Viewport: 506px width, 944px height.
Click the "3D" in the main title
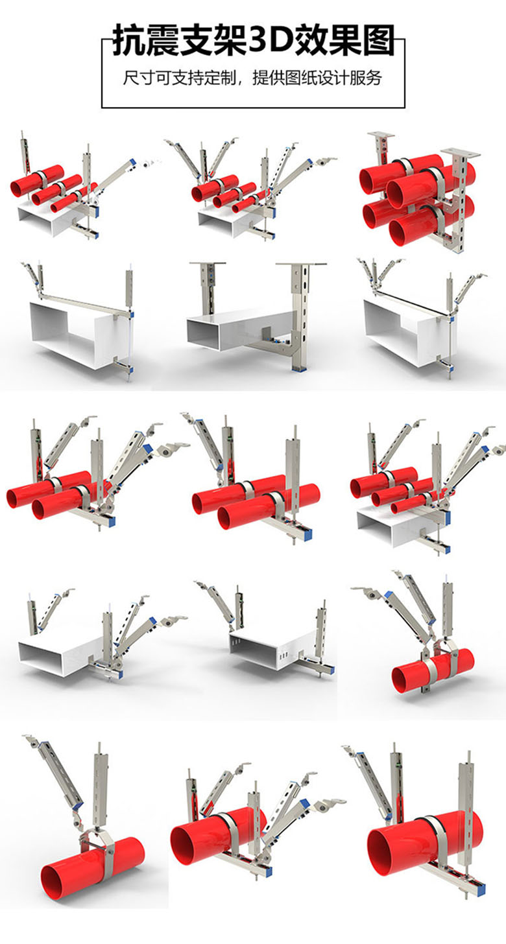coord(269,41)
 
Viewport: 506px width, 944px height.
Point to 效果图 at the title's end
coord(344,41)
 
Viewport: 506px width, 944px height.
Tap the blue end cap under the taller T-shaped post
coord(300,370)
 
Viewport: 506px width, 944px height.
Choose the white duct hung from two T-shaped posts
coord(240,329)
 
